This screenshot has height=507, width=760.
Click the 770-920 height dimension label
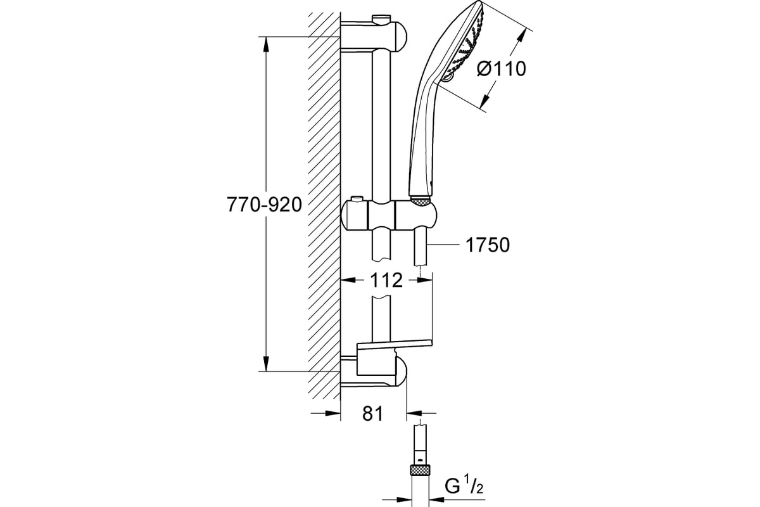click(x=264, y=205)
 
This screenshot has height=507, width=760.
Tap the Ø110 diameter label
click(x=501, y=69)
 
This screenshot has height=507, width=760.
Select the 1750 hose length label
click(x=487, y=245)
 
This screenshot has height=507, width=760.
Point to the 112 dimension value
click(x=386, y=280)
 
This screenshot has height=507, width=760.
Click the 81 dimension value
click(x=372, y=413)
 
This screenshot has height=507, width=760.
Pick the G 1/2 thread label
click(x=464, y=487)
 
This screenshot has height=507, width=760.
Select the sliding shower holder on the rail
click(x=388, y=215)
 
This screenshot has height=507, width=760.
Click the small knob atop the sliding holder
click(x=358, y=198)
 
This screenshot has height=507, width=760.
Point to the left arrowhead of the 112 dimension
click(x=348, y=280)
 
